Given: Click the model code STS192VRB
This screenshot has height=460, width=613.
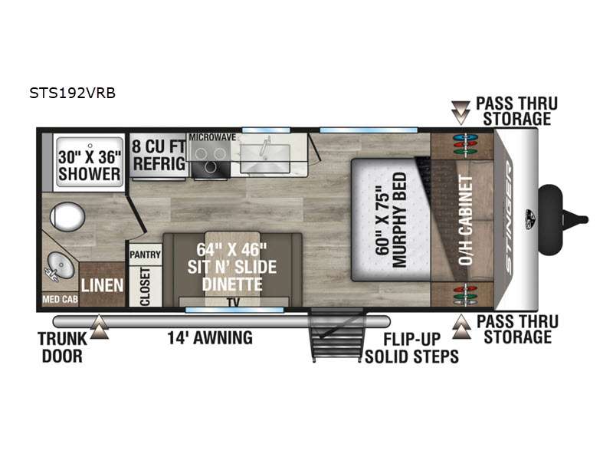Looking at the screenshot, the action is click(72, 93).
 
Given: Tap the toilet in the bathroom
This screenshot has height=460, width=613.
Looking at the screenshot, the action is click(67, 216).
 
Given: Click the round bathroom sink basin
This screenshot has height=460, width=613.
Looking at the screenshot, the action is click(61, 265).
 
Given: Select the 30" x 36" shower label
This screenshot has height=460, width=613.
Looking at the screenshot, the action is click(90, 166).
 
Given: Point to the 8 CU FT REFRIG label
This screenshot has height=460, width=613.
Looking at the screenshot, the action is click(159, 155).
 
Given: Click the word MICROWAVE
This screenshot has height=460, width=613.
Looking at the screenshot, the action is click(212, 137).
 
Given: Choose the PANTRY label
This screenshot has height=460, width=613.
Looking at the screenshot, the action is click(145, 255).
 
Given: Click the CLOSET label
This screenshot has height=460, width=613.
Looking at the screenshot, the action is click(145, 287).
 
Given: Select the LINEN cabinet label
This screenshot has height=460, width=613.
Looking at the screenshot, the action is click(102, 285).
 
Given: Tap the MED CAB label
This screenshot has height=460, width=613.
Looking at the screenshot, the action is click(61, 299).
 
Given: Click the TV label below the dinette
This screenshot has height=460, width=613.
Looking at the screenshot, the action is click(234, 302).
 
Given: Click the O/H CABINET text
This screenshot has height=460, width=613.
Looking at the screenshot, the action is click(466, 220).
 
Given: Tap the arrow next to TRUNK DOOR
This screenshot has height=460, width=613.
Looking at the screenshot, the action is click(100, 327).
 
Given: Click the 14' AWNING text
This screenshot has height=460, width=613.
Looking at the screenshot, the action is click(210, 337).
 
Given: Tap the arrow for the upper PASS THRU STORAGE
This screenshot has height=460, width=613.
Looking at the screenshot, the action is click(461, 113).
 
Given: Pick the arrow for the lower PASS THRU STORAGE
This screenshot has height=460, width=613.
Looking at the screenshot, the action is click(462, 327).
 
